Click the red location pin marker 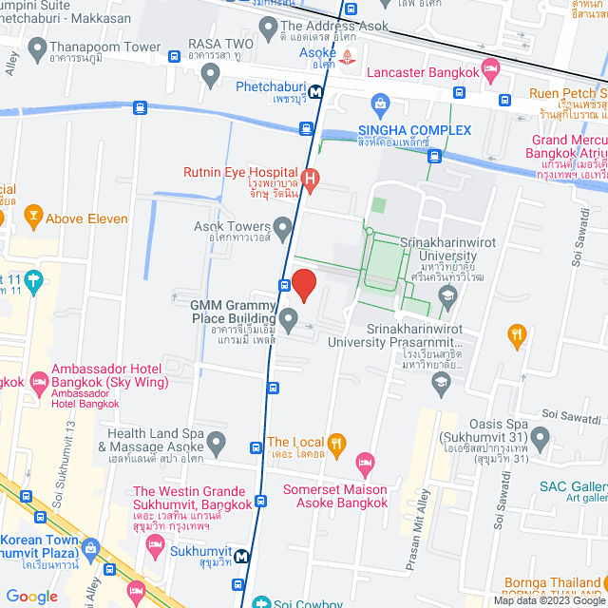click(303, 284)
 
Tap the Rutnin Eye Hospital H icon click(311, 177)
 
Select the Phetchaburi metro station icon click(313, 92)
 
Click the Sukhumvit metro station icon click(243, 558)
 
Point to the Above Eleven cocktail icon click(32, 218)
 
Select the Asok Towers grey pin click(282, 227)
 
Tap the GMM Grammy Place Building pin click(288, 316)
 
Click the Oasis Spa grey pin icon click(540, 438)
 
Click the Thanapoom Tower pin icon click(38, 47)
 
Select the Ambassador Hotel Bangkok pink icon click(40, 383)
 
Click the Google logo click(31, 597)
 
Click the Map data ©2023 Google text click(548, 600)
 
